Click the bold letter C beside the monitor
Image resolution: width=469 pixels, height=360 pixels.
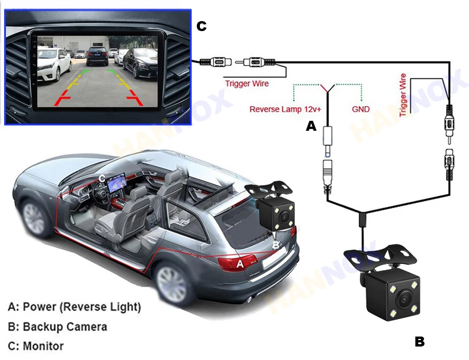(201, 26)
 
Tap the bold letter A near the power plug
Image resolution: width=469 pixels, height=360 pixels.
(311, 126)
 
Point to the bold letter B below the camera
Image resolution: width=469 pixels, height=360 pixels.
(419, 341)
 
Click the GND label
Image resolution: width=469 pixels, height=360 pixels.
(361, 109)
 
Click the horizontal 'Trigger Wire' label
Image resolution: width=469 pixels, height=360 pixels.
(247, 84)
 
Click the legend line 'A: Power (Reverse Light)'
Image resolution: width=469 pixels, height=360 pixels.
(74, 307)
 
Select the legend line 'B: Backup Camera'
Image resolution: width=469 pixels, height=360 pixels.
(57, 327)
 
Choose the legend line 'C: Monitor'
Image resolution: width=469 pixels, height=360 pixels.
(36, 346)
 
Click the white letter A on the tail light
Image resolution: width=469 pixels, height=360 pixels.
(239, 264)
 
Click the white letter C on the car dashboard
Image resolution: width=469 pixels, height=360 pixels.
(101, 178)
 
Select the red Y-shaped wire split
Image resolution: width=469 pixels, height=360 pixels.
(327, 89)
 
